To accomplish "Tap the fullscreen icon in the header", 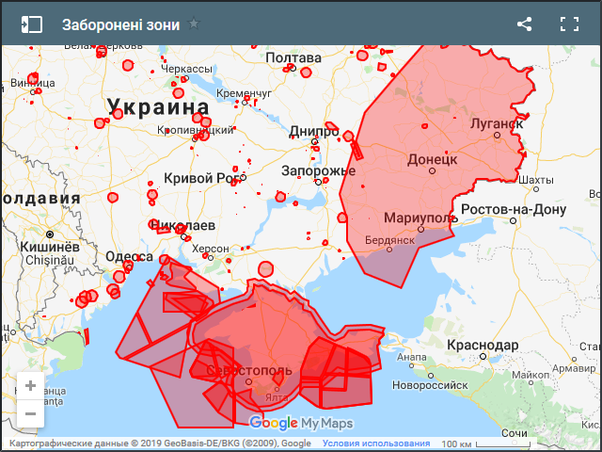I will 569,24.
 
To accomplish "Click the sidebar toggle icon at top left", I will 32,24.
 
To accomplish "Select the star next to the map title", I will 194,24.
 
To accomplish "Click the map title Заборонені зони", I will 119,24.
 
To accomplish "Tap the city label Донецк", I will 432,159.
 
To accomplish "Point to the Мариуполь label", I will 420,218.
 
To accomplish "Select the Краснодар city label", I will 483,346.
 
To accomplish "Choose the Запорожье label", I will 318,170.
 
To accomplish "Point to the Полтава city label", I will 293,58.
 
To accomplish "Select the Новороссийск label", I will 430,384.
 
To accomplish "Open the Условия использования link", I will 376,444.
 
